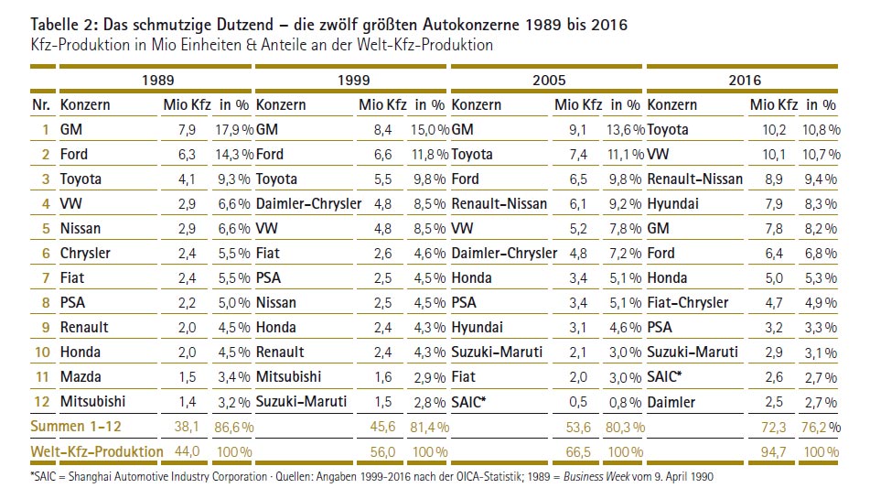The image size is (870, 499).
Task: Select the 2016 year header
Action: [745, 81]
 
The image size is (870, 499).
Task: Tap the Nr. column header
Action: [41, 105]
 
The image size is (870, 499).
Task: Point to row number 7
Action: [44, 277]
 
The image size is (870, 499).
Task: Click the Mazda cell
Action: [81, 376]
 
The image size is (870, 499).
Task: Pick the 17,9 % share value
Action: [233, 130]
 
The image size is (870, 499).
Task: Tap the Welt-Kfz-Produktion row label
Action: [96, 450]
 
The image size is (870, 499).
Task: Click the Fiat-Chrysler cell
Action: [688, 302]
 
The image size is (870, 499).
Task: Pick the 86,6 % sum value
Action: [231, 426]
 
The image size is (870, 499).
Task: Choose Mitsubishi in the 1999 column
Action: [289, 376]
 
